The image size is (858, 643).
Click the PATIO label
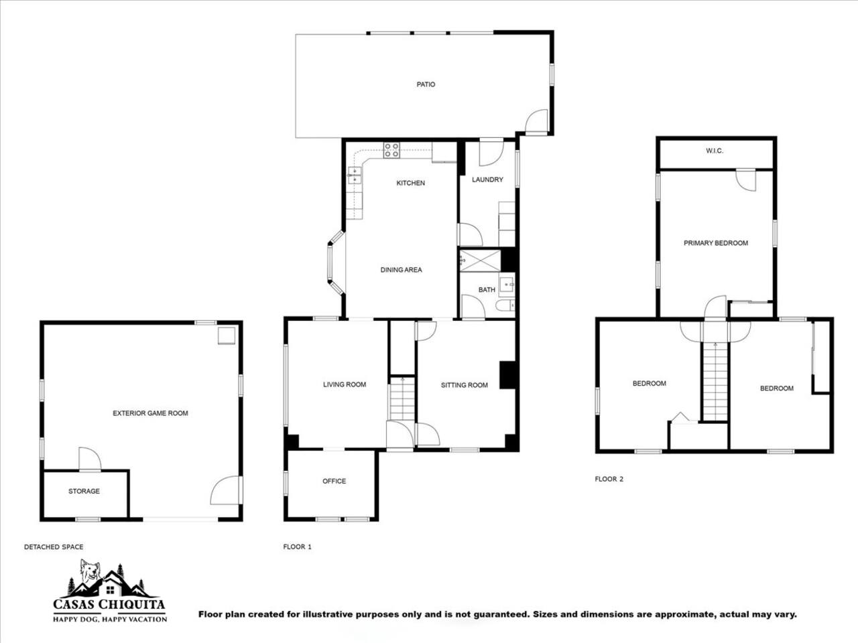pyautogui.click(x=426, y=84)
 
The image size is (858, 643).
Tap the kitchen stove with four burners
pyautogui.click(x=391, y=150)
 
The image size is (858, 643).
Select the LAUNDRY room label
pyautogui.click(x=487, y=180)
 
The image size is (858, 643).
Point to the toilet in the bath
pyautogui.click(x=505, y=305)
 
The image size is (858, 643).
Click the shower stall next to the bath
pyautogui.click(x=480, y=261)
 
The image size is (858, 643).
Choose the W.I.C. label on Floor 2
pyautogui.click(x=715, y=151)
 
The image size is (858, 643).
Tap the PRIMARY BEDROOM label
pyautogui.click(x=716, y=243)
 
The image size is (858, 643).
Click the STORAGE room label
pyautogui.click(x=84, y=491)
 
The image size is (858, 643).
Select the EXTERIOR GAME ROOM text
pyautogui.click(x=151, y=413)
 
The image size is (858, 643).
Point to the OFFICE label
pyautogui.click(x=334, y=481)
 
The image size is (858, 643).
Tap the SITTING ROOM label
pyautogui.click(x=465, y=385)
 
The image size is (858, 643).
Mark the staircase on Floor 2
pyautogui.click(x=715, y=381)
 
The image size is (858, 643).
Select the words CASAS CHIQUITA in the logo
pyautogui.click(x=109, y=605)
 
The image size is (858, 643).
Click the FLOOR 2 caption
pyautogui.click(x=609, y=479)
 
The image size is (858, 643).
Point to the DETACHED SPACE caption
pyautogui.click(x=54, y=547)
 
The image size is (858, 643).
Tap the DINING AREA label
pyautogui.click(x=401, y=270)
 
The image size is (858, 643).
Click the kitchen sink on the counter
pyautogui.click(x=355, y=175)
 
